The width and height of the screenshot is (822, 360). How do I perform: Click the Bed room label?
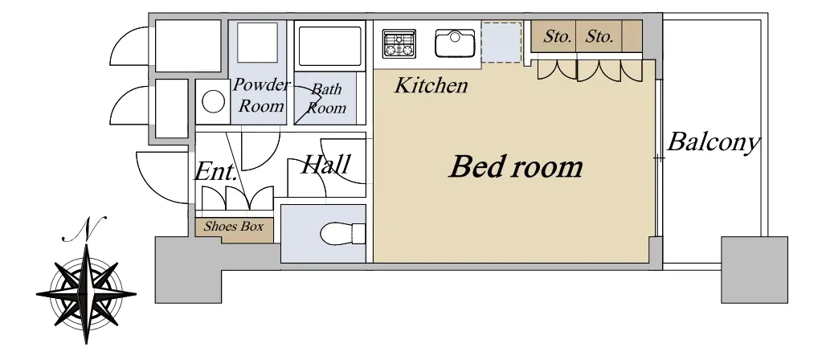(x=516, y=166)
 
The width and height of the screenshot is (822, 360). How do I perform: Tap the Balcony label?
(x=714, y=142)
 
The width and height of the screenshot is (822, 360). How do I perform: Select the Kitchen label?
(x=431, y=85)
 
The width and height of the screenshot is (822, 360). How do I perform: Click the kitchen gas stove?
(x=399, y=43)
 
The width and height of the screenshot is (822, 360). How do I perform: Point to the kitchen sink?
(x=455, y=43)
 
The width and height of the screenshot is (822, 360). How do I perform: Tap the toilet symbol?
(x=343, y=234)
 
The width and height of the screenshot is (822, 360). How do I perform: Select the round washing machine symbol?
(x=214, y=102)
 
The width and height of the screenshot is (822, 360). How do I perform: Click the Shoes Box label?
(x=233, y=227)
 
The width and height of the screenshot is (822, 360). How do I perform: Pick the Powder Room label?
(x=260, y=96)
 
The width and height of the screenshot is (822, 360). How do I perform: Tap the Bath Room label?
(x=326, y=99)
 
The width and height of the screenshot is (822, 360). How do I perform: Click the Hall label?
(x=325, y=165)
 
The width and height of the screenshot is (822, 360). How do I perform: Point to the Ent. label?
(x=215, y=171)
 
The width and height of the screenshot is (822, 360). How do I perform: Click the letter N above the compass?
(x=85, y=228)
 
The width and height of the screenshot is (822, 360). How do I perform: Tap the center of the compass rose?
(x=86, y=294)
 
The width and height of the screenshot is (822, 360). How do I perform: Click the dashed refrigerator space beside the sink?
(x=501, y=42)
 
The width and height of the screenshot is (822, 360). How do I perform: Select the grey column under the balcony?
(x=754, y=270)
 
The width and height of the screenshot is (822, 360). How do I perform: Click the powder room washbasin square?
(x=257, y=43)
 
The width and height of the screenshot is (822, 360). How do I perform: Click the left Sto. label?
(x=557, y=37)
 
